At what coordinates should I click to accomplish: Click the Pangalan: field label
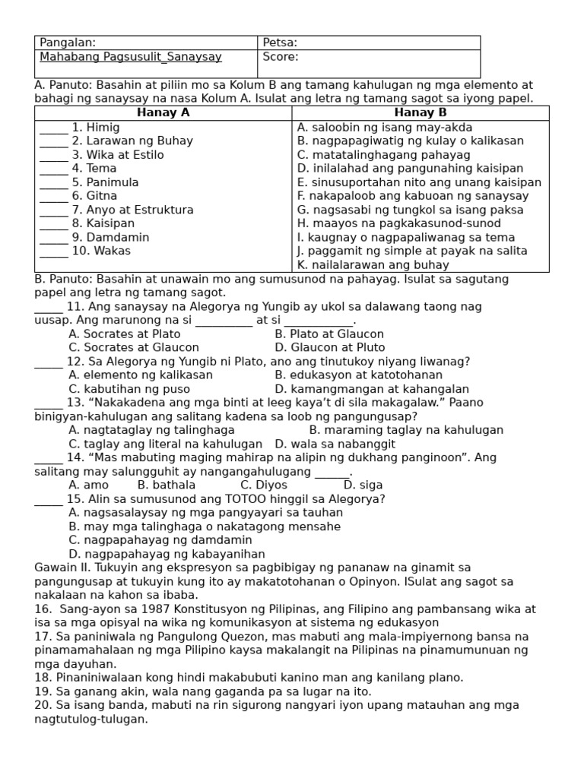[68, 43]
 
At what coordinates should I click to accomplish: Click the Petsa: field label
[280, 43]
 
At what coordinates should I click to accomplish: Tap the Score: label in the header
[281, 57]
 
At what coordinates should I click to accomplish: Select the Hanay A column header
[163, 112]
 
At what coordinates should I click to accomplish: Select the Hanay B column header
[420, 112]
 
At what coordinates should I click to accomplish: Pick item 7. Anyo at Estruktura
[132, 210]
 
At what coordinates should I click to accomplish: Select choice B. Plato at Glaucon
[329, 334]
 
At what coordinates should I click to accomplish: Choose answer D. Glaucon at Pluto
[330, 348]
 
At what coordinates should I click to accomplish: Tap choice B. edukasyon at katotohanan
[358, 375]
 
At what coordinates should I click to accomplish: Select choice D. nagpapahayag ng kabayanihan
[167, 555]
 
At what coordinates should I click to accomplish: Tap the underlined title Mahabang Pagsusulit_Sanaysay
[131, 57]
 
